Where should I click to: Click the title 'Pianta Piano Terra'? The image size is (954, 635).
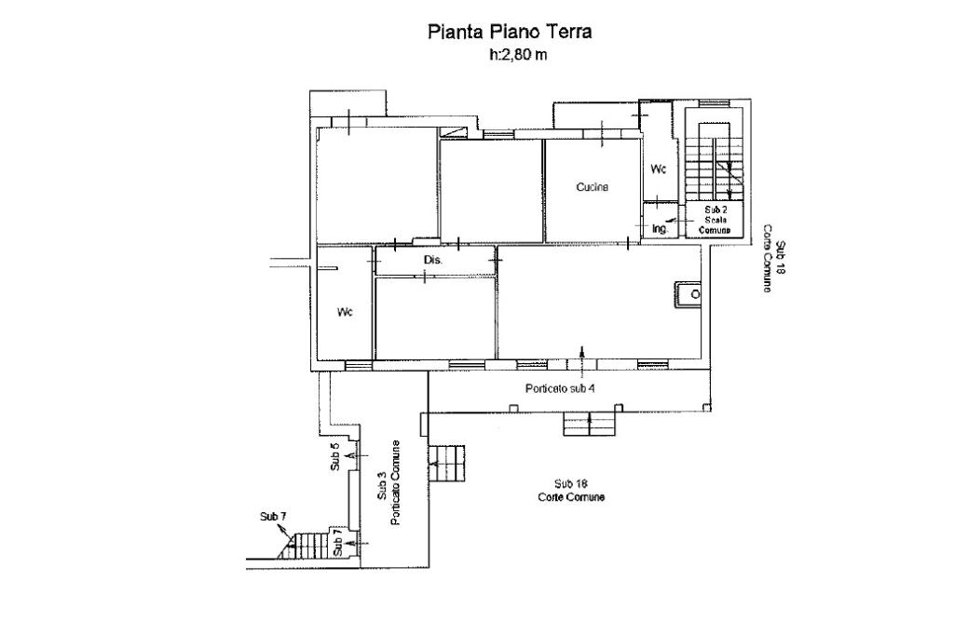pos(510,32)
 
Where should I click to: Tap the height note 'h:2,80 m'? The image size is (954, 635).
pos(518,55)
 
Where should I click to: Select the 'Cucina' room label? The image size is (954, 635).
pos(592,187)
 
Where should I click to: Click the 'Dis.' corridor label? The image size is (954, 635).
pos(432,261)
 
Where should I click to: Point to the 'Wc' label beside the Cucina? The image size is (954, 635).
pos(659,169)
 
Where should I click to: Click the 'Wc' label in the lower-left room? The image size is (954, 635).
pos(345,313)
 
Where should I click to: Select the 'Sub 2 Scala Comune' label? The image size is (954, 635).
pos(715,220)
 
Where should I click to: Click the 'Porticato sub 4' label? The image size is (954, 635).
pos(560,388)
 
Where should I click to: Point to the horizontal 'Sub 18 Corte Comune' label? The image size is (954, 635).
pos(571,491)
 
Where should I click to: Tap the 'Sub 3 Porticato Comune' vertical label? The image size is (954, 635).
pos(388,483)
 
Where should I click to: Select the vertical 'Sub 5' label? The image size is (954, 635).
pos(334,457)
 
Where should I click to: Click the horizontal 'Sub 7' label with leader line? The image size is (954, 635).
pos(273,517)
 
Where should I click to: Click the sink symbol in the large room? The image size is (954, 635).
pos(688,295)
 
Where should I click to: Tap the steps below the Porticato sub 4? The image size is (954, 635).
pos(590,424)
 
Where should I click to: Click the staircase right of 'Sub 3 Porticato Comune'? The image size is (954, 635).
pos(447,464)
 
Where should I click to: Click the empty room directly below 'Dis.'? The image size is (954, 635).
pos(435,317)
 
